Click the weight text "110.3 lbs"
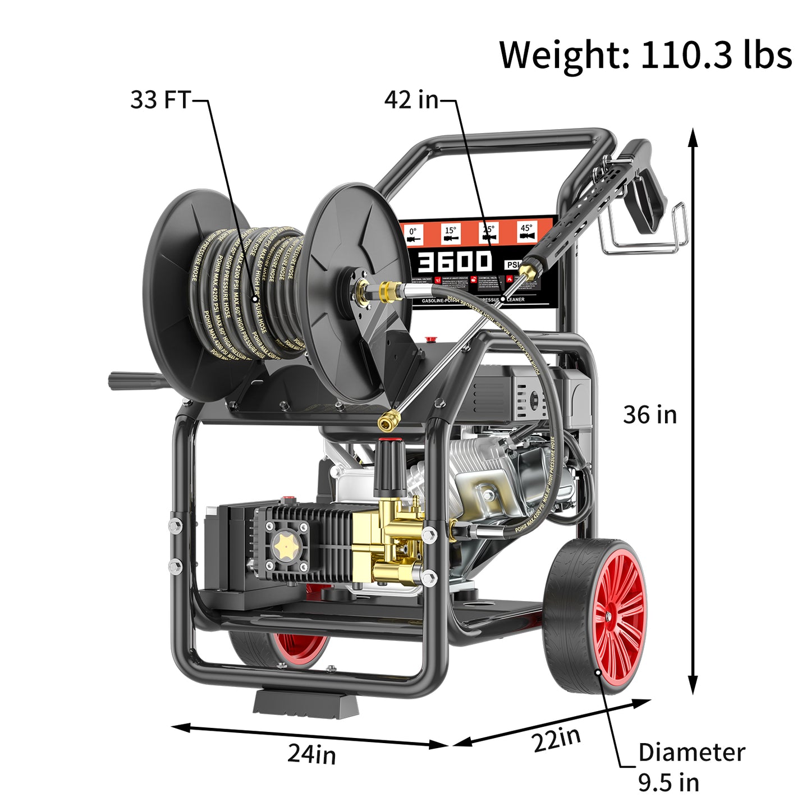tap(716, 55)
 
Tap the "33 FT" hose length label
tap(161, 100)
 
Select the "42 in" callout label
tap(411, 100)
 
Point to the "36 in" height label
tap(650, 415)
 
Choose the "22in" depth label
tap(556, 739)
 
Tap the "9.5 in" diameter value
tap(668, 782)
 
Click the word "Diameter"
tap(691, 752)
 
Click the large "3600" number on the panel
tap(455, 262)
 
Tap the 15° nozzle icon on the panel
tap(451, 233)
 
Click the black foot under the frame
tap(306, 704)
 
